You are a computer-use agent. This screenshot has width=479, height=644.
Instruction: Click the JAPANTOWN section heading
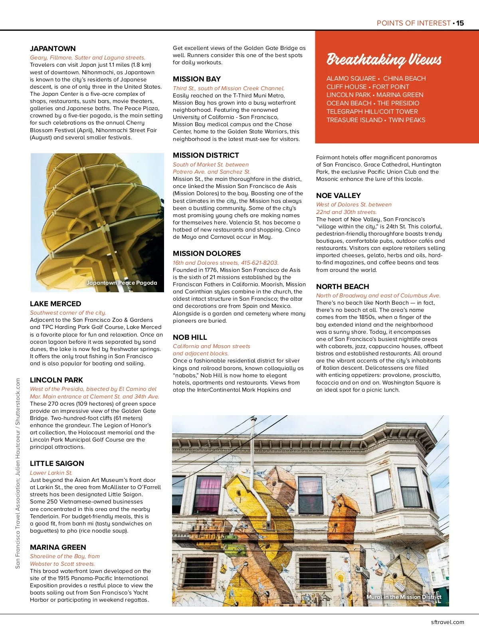click(x=53, y=49)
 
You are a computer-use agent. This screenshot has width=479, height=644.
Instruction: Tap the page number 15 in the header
click(x=460, y=23)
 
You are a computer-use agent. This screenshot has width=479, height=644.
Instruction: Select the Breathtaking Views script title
click(x=384, y=59)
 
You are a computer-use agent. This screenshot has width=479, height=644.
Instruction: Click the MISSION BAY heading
click(x=197, y=79)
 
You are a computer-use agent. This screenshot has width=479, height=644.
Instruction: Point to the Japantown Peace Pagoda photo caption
click(x=122, y=283)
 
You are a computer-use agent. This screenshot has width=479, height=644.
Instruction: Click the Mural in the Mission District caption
click(x=404, y=597)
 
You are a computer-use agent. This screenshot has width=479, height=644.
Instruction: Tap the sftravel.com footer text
click(x=447, y=622)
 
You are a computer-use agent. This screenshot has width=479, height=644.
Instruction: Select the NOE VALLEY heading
click(x=338, y=196)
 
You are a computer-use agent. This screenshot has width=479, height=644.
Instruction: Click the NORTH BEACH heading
click(x=342, y=287)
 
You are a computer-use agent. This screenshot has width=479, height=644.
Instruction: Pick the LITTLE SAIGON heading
click(x=57, y=464)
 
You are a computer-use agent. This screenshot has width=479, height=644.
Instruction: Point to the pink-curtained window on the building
click(x=207, y=495)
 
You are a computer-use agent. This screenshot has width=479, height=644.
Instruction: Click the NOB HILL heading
click(x=190, y=337)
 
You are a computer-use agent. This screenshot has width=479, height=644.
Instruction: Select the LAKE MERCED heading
click(x=55, y=304)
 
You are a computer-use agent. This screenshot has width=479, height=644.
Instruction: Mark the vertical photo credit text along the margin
click(x=18, y=473)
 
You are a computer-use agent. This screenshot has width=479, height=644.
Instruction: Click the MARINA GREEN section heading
click(x=58, y=547)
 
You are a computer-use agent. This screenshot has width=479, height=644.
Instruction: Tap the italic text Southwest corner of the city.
click(x=68, y=313)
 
